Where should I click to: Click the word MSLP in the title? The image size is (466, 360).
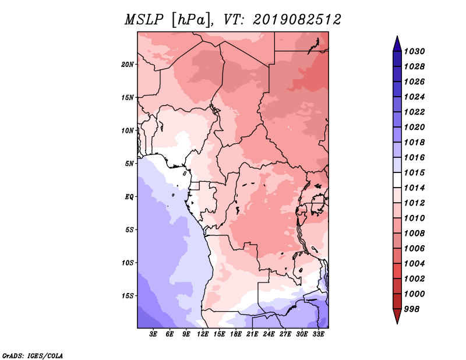click(144, 20)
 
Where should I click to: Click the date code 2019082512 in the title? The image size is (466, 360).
click(297, 20)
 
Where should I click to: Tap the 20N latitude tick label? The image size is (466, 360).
click(128, 64)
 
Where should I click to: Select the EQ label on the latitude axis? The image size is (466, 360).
click(129, 197)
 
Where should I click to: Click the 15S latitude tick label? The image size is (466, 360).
click(128, 296)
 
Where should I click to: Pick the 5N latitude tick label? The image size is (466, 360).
click(129, 164)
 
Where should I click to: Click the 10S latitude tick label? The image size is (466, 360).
click(128, 263)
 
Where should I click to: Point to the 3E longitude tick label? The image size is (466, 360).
click(153, 334)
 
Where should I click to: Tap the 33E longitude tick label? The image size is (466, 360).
click(318, 334)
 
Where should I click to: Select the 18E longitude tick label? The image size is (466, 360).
click(236, 334)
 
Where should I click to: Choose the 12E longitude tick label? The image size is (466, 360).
click(203, 334)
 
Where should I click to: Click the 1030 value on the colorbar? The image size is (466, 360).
click(414, 51)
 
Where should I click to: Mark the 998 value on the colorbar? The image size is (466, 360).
click(412, 309)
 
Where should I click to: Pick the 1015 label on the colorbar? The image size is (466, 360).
click(414, 172)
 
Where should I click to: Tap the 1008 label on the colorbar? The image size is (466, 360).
click(414, 234)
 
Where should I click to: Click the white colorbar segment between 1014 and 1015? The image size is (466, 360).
click(397, 180)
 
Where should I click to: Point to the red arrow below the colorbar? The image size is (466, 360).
click(397, 316)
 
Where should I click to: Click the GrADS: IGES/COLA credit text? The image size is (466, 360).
click(33, 355)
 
